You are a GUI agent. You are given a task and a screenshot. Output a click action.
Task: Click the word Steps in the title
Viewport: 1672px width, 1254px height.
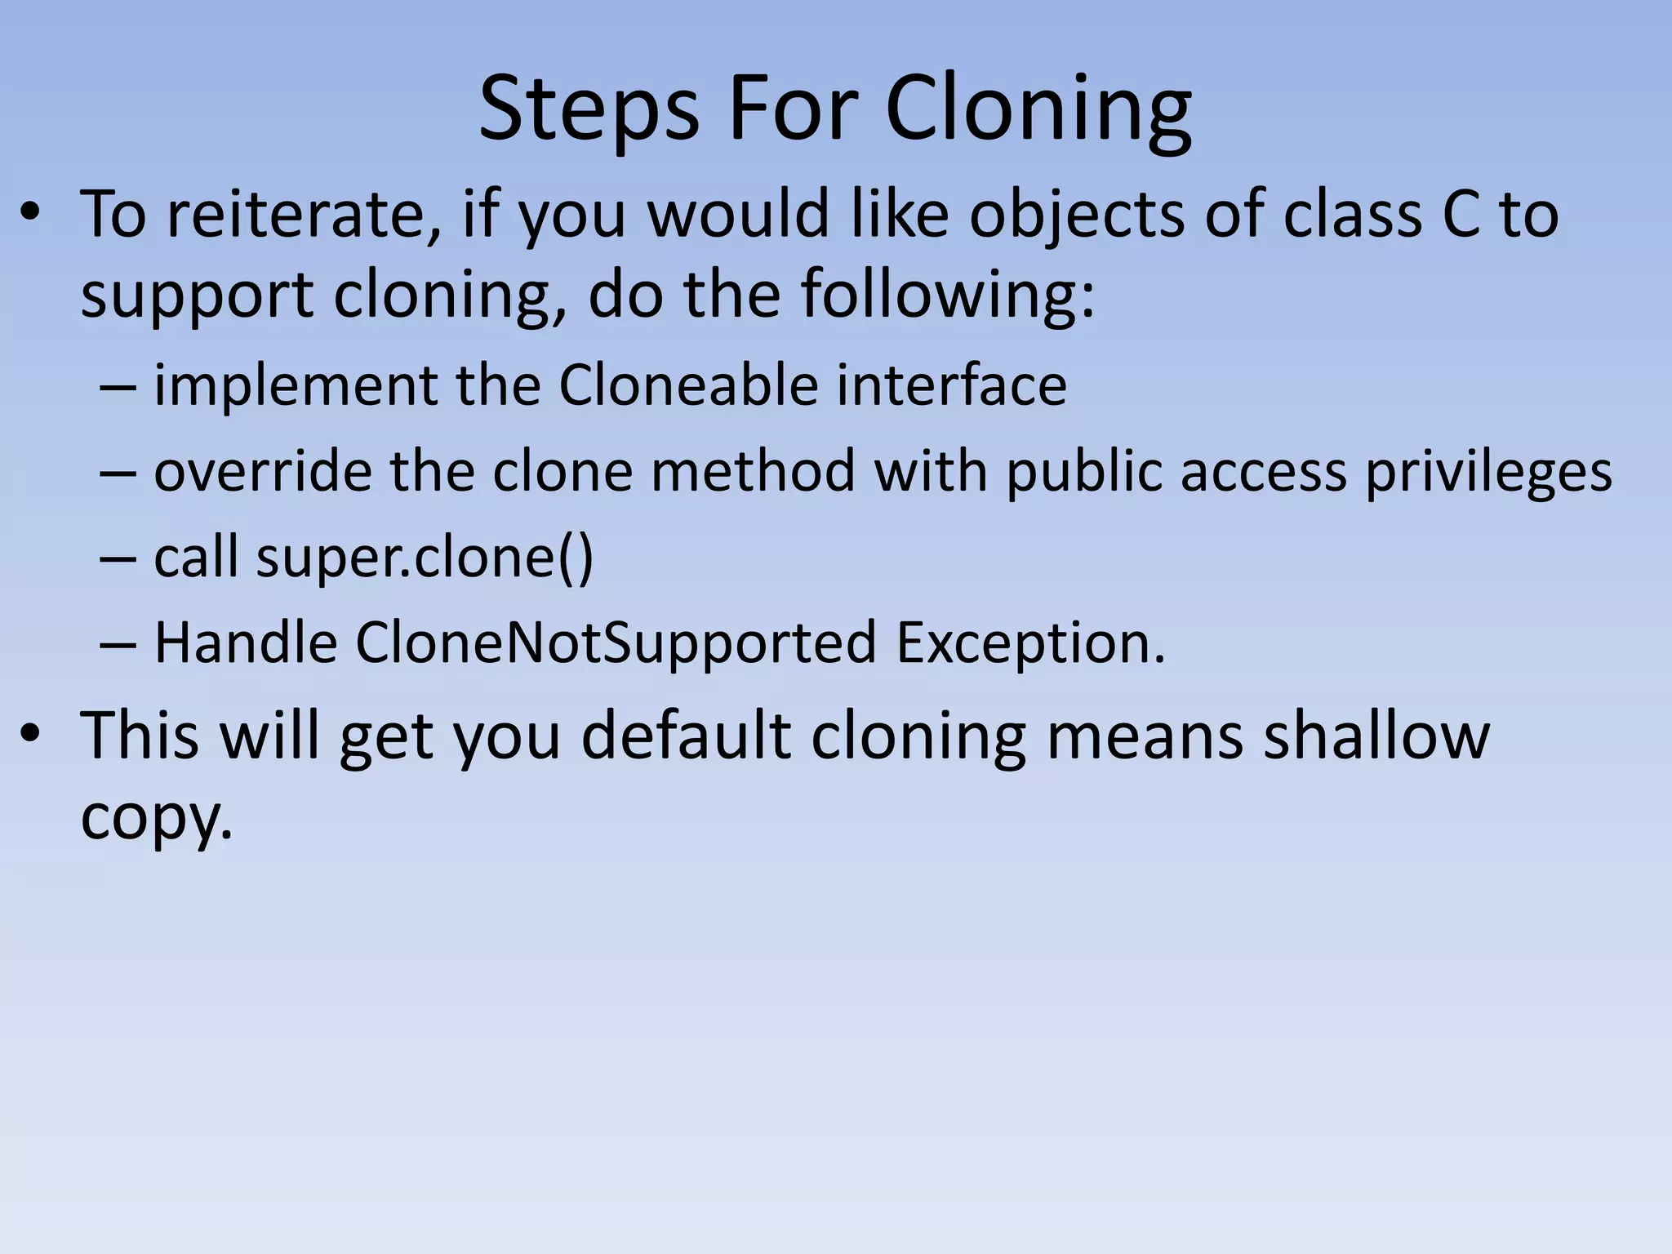tap(589, 111)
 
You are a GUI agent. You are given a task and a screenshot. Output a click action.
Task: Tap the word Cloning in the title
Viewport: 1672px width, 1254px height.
tap(1038, 111)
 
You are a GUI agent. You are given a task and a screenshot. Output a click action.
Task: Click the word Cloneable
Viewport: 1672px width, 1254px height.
tap(688, 385)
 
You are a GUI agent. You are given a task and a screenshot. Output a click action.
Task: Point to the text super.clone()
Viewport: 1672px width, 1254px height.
tap(425, 558)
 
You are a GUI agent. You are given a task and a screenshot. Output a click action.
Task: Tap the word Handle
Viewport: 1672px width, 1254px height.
tap(246, 643)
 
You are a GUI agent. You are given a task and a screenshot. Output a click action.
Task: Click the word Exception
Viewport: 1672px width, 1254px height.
tap(1030, 643)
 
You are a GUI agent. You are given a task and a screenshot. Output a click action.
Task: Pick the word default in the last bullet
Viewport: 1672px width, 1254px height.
tap(686, 736)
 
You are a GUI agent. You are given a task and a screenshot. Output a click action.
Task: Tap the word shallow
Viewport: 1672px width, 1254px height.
tap(1376, 736)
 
